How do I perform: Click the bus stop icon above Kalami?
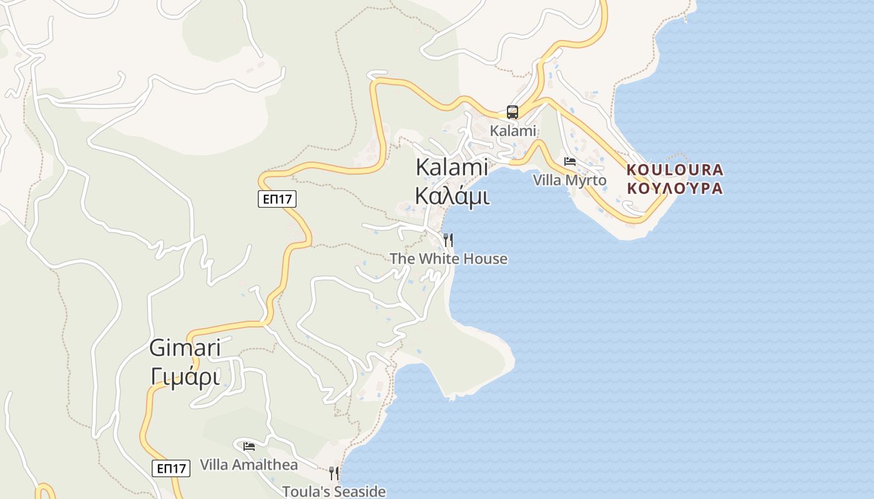(x=513, y=112)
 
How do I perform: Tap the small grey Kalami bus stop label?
(x=513, y=131)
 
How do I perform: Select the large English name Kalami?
(x=452, y=167)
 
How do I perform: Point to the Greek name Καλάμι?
(x=452, y=195)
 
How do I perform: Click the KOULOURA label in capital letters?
(x=675, y=170)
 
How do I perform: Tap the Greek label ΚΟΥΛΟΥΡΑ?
(x=675, y=188)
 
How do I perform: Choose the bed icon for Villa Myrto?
(x=569, y=162)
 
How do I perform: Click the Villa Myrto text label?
(x=569, y=180)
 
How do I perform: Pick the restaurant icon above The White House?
(x=448, y=240)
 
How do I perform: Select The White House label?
(x=448, y=258)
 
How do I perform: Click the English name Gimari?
(x=185, y=349)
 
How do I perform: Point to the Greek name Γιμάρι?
(x=185, y=377)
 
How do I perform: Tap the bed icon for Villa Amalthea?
(x=249, y=446)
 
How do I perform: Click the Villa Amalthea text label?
(x=248, y=465)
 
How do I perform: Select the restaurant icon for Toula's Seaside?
(x=334, y=473)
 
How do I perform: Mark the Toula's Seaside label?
(x=334, y=492)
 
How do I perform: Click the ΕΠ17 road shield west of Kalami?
(x=277, y=199)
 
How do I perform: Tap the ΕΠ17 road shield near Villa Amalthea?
(x=171, y=468)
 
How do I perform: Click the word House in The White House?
(x=486, y=258)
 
